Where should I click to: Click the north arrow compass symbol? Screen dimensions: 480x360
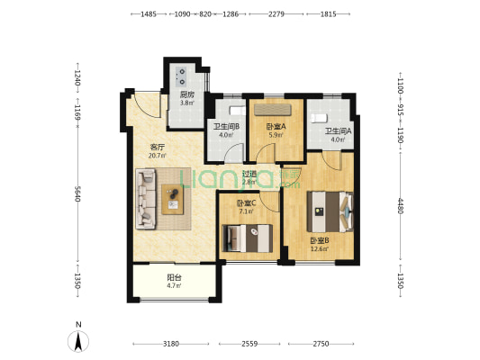click(x=78, y=341)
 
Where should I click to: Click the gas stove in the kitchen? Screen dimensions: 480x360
click(x=180, y=76)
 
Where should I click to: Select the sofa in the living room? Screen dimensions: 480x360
click(x=146, y=199)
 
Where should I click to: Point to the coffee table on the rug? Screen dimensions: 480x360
click(x=173, y=200)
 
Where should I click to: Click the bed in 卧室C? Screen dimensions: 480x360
click(x=248, y=238)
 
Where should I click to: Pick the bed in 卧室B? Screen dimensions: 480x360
click(x=331, y=211)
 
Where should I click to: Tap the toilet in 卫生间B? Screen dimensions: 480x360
click(x=238, y=111)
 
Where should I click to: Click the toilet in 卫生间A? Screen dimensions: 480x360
click(x=320, y=118)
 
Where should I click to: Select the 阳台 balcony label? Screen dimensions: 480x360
click(x=174, y=277)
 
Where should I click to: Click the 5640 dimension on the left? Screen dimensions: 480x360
click(x=77, y=193)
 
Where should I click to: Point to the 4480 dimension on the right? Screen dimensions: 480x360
click(x=400, y=206)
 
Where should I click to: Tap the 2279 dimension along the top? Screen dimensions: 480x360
click(x=276, y=14)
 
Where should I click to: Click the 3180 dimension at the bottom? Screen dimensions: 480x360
click(x=171, y=344)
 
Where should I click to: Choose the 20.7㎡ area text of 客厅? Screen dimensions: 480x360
click(x=158, y=156)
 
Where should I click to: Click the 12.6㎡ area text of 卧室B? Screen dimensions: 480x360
click(x=320, y=248)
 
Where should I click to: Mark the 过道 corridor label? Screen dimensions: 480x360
click(x=249, y=174)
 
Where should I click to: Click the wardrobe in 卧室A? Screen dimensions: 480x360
click(x=273, y=110)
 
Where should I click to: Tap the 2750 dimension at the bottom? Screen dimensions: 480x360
click(x=321, y=344)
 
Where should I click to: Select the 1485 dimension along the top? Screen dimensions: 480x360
click(x=149, y=14)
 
